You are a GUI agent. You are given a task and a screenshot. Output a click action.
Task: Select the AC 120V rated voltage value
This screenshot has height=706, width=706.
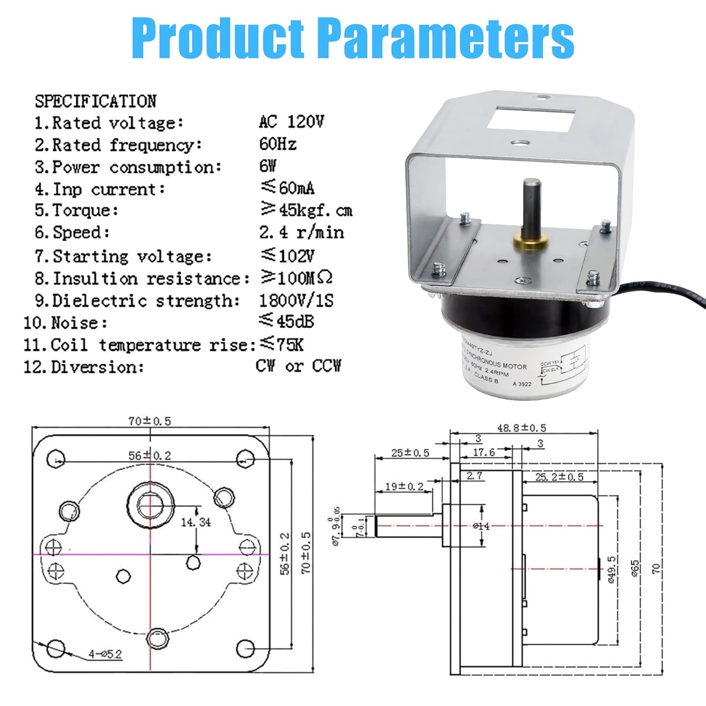(291, 122)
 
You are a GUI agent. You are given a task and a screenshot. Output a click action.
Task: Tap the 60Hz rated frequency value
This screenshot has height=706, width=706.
(278, 144)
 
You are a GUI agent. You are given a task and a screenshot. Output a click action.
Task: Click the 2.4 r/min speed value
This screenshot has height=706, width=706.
(301, 233)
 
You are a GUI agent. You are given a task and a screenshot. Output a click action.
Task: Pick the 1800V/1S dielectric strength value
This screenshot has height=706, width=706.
(296, 300)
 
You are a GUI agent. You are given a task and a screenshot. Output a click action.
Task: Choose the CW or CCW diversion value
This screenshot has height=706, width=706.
(298, 366)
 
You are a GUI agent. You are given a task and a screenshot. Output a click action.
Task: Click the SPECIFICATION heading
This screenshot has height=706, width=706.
(96, 101)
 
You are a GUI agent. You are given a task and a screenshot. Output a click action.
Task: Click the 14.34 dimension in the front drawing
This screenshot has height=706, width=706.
(196, 522)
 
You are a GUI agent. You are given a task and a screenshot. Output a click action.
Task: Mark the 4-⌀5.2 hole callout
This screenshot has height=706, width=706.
(105, 654)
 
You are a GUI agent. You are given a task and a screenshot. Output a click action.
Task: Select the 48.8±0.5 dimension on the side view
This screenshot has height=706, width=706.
(521, 428)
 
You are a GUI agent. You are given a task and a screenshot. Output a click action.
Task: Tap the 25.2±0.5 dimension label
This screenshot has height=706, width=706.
(559, 477)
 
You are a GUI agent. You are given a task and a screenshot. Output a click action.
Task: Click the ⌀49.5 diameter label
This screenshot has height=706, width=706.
(611, 570)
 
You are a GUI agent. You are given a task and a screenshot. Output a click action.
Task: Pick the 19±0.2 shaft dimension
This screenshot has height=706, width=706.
(404, 486)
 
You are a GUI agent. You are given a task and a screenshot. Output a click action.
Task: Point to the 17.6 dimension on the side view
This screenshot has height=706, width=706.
(484, 452)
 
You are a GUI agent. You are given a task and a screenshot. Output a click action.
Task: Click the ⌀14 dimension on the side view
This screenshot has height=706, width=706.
(481, 526)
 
